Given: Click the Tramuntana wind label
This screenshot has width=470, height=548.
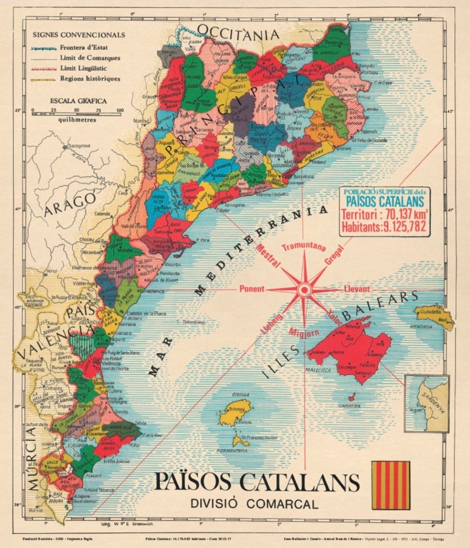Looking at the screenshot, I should (x=303, y=248).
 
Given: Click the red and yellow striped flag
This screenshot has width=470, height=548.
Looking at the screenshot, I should (x=390, y=485).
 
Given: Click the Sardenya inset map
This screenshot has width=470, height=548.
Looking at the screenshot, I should (x=427, y=403).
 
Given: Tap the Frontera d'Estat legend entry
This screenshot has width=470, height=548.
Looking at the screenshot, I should (x=89, y=47).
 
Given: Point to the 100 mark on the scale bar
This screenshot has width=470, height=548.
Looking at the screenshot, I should (x=120, y=110).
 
